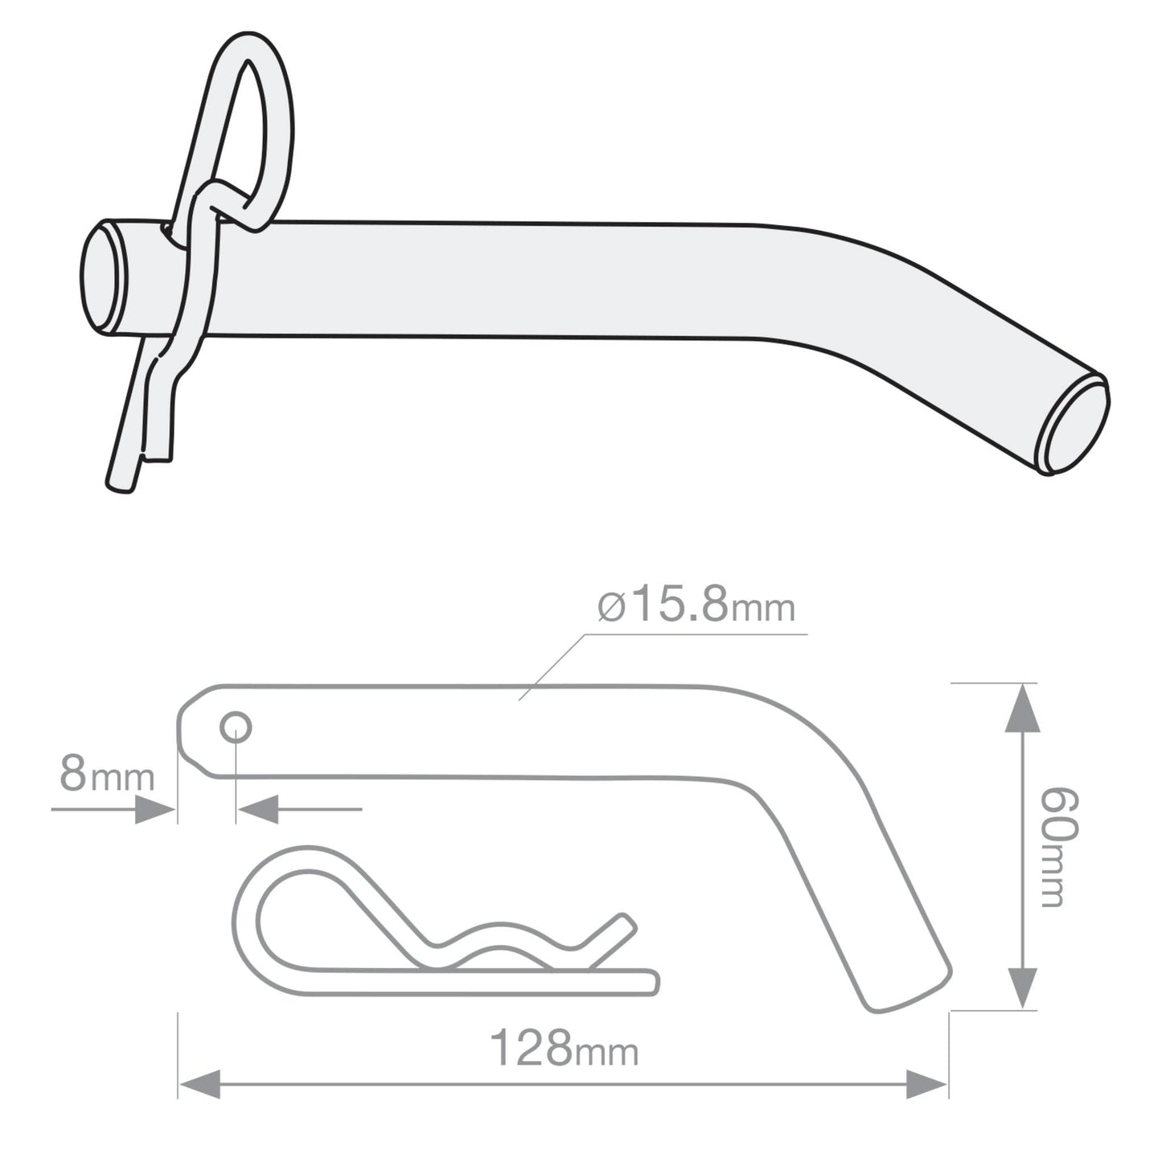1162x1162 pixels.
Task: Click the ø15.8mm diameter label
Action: (x=696, y=608)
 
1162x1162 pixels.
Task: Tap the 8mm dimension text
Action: (x=106, y=776)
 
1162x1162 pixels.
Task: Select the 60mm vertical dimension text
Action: (x=1059, y=848)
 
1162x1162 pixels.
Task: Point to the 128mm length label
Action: (x=564, y=1049)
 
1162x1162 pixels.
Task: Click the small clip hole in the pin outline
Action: (x=236, y=729)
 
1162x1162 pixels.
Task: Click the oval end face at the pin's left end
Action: (x=103, y=277)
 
